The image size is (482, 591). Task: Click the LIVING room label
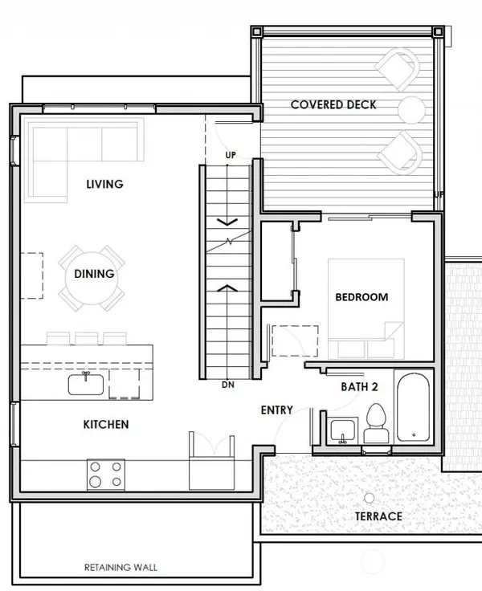tap(104, 184)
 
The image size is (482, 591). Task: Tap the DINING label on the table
tap(94, 274)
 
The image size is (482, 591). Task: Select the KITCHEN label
tap(105, 423)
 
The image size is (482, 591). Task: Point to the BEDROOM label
tap(361, 297)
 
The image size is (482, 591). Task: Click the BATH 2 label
tap(359, 387)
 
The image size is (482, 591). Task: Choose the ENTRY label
tap(276, 410)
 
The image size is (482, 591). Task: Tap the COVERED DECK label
tap(333, 104)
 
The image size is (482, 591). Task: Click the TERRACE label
tap(378, 516)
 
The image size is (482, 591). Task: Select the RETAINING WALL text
tap(120, 568)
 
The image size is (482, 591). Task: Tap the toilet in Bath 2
tap(376, 422)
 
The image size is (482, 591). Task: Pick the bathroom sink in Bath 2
tap(343, 428)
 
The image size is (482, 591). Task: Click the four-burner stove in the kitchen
tap(106, 474)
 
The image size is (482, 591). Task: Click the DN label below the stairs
tap(228, 385)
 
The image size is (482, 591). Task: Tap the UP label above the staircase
tap(231, 154)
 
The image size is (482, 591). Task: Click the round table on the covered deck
tap(411, 107)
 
